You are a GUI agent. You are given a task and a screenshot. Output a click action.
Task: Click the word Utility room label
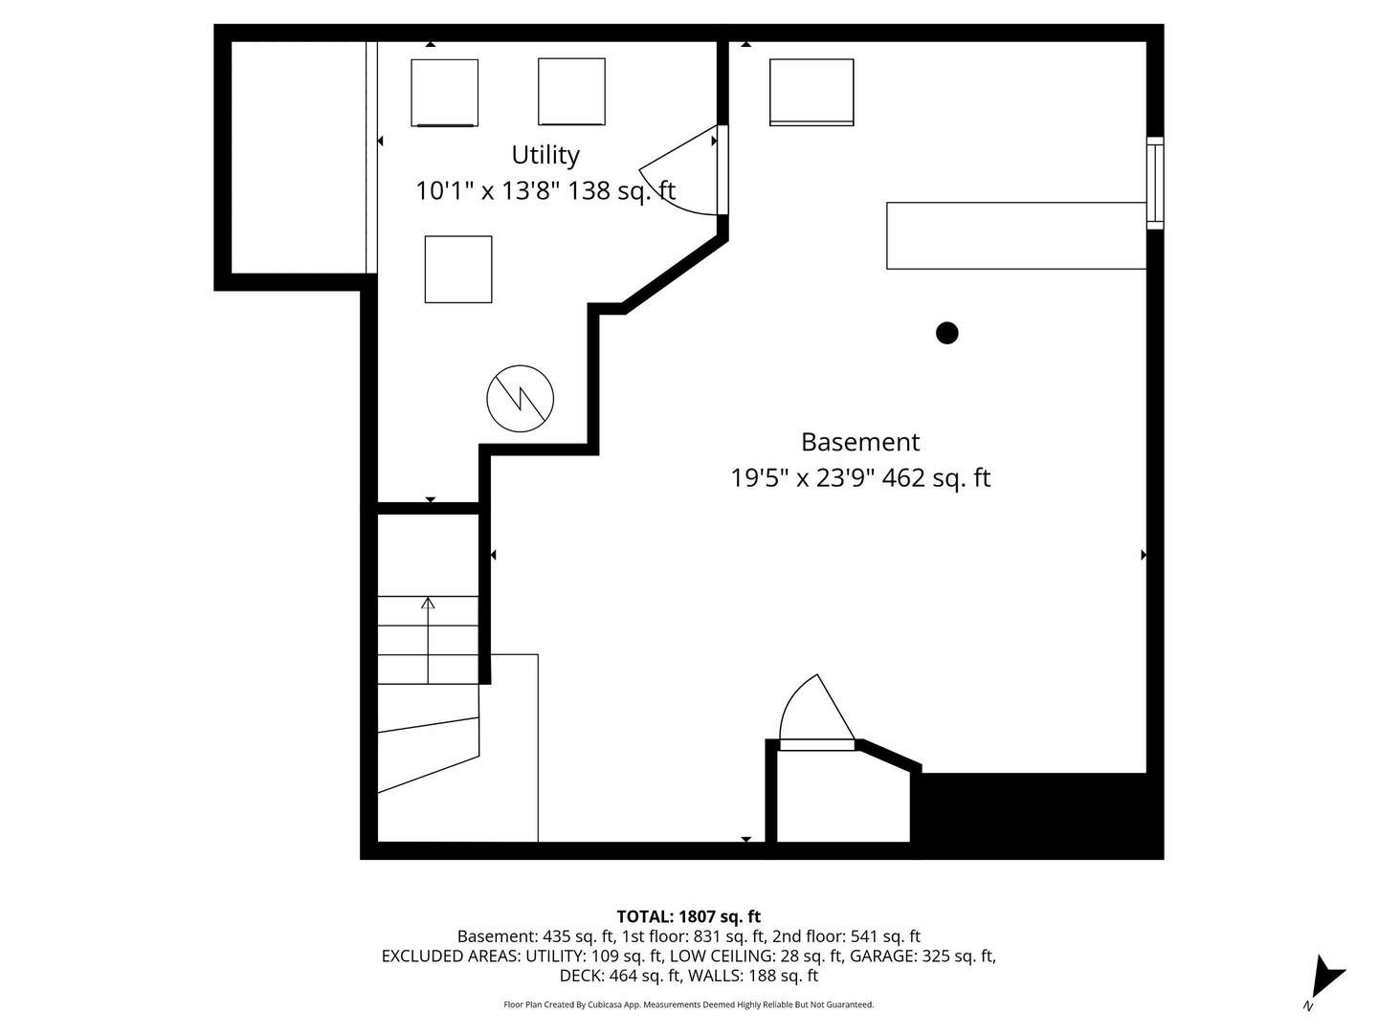[x=545, y=156]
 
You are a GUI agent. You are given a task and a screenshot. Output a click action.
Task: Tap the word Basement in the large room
[x=860, y=442]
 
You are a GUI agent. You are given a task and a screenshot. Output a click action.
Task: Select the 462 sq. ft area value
[x=936, y=478]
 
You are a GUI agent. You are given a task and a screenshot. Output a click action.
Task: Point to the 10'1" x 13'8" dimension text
[x=489, y=190]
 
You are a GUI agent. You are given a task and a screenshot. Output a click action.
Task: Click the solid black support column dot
[x=946, y=333]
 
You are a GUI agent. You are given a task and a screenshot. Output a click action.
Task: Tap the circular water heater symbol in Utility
[x=520, y=398]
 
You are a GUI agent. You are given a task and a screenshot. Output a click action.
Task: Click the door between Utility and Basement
[x=683, y=170]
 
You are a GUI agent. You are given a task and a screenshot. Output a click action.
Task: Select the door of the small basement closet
[x=817, y=713]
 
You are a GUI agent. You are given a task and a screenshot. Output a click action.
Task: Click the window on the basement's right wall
[x=1154, y=183]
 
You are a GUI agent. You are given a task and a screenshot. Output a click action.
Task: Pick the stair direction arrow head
[x=428, y=603]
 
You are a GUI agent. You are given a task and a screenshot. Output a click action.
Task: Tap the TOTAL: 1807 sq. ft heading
[x=689, y=917]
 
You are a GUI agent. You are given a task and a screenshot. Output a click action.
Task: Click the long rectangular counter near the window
[x=1016, y=236]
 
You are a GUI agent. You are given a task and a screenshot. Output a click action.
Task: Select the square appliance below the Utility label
[x=458, y=269]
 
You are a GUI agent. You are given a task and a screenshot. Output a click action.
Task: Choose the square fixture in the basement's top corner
[x=811, y=92]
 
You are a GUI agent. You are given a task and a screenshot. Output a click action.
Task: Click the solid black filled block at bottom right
[x=1035, y=815]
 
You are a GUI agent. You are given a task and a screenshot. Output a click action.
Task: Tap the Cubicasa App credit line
[x=689, y=1004]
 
